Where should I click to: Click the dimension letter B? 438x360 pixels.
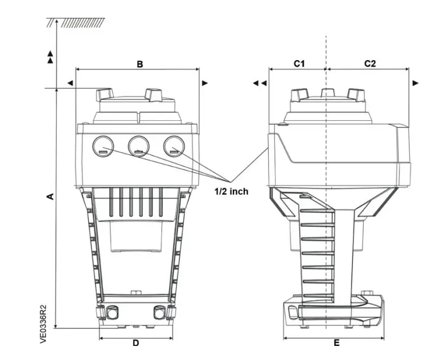[139, 64]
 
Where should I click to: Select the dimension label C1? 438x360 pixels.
[299, 63]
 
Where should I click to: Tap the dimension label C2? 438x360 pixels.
[370, 63]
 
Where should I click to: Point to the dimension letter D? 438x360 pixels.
[136, 343]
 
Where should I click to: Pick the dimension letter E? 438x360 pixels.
[336, 343]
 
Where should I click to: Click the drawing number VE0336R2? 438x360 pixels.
[44, 324]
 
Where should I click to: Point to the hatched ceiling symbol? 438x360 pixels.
[76, 23]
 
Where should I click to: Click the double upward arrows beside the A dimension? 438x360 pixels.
[50, 57]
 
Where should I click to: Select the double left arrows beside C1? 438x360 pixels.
[260, 83]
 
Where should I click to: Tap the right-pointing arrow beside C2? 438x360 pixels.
[415, 83]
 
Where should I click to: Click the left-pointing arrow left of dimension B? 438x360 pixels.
[70, 83]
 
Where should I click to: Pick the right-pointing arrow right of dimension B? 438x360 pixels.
[205, 83]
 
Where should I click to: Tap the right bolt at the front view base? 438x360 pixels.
[159, 313]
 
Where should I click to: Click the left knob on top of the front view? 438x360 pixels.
[105, 95]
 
